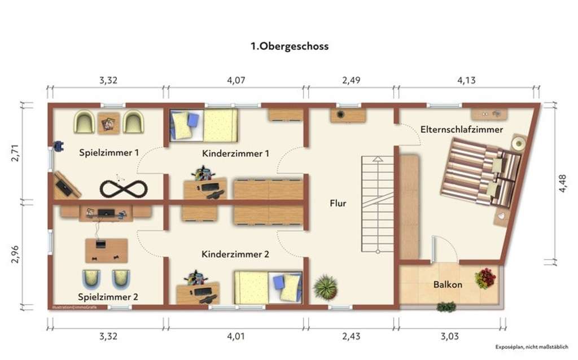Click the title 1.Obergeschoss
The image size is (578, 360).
pyautogui.click(x=289, y=46)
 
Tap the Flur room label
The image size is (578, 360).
pyautogui.click(x=338, y=204)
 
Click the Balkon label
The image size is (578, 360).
pyautogui.click(x=448, y=284)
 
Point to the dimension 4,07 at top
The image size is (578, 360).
pyautogui.click(x=236, y=80)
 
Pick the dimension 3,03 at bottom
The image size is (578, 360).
pyautogui.click(x=449, y=337)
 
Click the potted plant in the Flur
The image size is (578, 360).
pyautogui.click(x=325, y=287)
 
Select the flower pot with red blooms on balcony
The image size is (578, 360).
pyautogui.click(x=485, y=278)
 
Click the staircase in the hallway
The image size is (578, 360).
pyautogui.click(x=377, y=205)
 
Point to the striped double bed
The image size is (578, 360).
pyautogui.click(x=480, y=175)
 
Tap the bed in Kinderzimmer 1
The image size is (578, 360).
pyautogui.click(x=203, y=125)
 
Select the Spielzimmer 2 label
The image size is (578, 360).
pyautogui.click(x=108, y=296)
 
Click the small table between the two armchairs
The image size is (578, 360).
pyautogui.click(x=108, y=123)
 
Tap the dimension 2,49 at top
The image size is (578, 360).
pyautogui.click(x=351, y=80)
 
